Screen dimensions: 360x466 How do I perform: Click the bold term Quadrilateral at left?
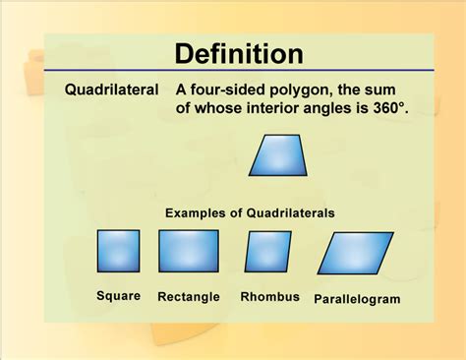pyautogui.click(x=111, y=89)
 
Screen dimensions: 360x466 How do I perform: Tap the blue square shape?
pyautogui.click(x=118, y=251)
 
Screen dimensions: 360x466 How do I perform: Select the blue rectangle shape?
pyautogui.click(x=188, y=251)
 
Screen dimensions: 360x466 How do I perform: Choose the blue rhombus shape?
pyautogui.click(x=267, y=251)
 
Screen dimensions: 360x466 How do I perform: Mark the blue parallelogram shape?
pyautogui.click(x=355, y=252)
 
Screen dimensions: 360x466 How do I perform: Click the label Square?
pyautogui.click(x=118, y=295)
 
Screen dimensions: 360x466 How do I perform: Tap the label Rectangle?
pyautogui.click(x=189, y=296)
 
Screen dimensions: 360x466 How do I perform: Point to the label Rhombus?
pyautogui.click(x=269, y=296)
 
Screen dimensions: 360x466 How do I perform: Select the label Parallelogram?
pyautogui.click(x=357, y=298)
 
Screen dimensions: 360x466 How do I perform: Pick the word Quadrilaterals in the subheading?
pyautogui.click(x=290, y=212)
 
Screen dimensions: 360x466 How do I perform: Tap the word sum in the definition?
pyautogui.click(x=405, y=89)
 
